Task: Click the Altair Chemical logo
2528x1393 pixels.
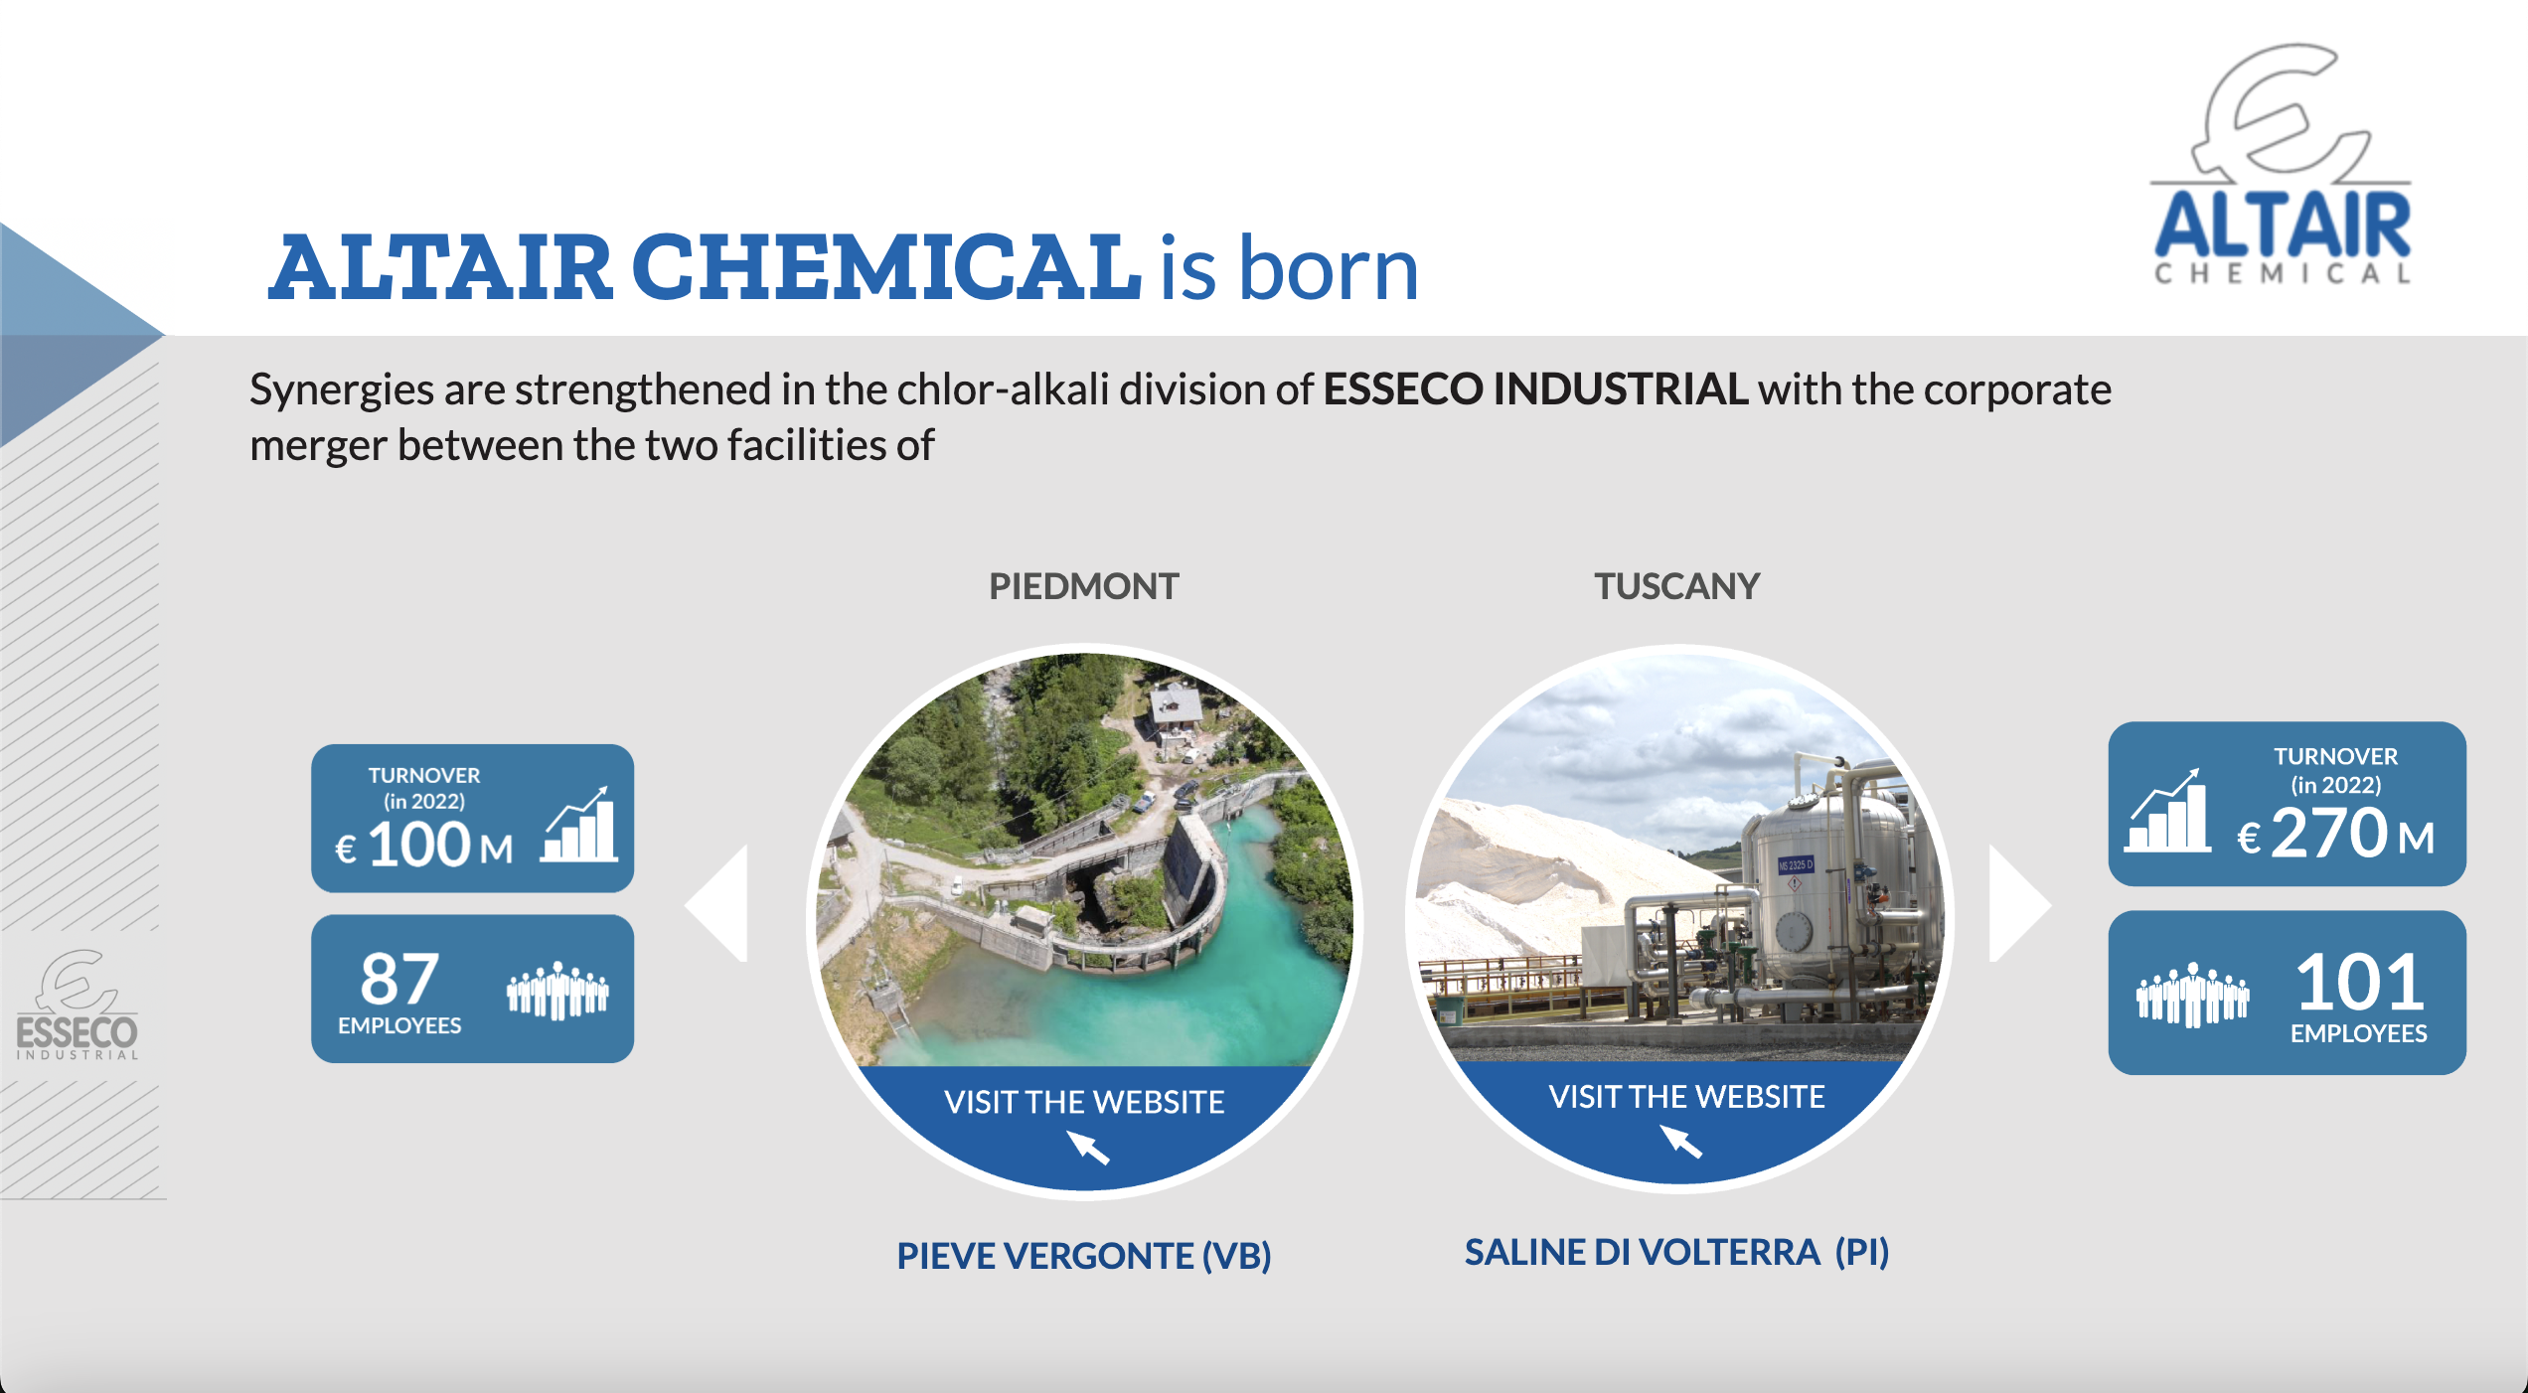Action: pos(2282,165)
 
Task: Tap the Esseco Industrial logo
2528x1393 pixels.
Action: pos(78,1005)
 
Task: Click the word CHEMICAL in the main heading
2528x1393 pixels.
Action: pos(886,267)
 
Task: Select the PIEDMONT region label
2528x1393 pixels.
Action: pos(1083,586)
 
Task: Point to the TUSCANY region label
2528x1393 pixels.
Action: pos(1677,586)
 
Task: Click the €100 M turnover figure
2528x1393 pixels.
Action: pos(424,846)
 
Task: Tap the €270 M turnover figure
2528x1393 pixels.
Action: pos(2335,833)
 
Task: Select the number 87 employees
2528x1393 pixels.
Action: pos(399,978)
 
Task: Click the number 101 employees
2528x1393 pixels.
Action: pos(2360,982)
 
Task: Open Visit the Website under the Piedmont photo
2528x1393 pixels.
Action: pos(1084,1102)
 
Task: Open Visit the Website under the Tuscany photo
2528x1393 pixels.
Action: pos(1686,1096)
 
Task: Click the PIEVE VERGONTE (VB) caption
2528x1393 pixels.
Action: pos(1084,1256)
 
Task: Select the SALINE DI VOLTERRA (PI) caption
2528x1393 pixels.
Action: pos(1677,1252)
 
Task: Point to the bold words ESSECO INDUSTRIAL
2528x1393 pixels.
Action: pos(1535,388)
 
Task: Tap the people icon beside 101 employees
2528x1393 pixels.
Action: pos(2192,994)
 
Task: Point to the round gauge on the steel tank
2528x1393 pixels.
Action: pos(1794,932)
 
